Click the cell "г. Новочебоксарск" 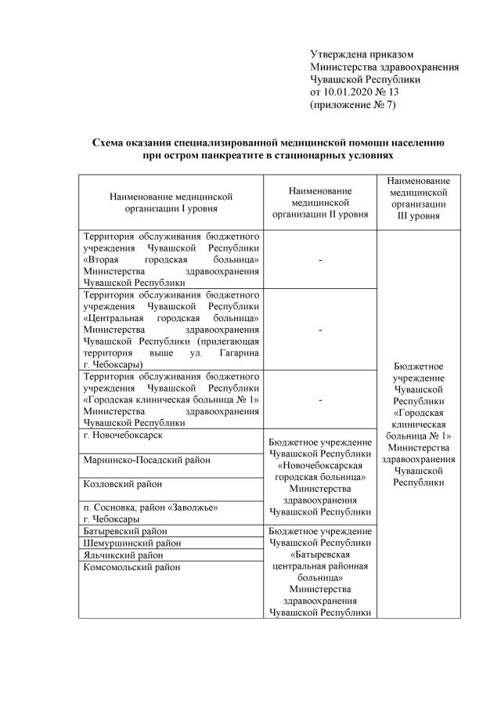123,435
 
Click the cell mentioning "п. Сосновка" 148,512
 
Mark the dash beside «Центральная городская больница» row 319,330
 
